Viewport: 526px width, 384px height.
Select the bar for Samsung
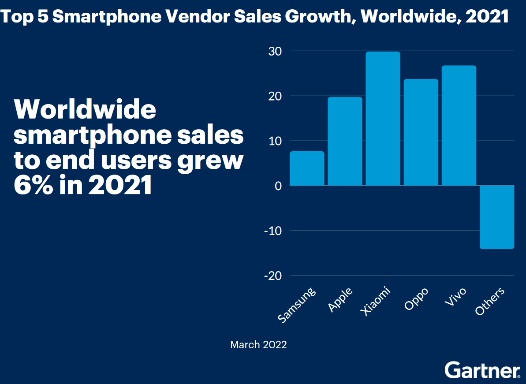[x=307, y=168]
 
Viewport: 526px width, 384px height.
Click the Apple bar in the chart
[x=345, y=141]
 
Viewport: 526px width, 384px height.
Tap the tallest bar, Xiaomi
[x=383, y=119]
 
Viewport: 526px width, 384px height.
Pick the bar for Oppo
[x=421, y=132]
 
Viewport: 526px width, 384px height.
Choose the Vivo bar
[x=459, y=126]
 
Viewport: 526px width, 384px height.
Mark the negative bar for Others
[x=497, y=217]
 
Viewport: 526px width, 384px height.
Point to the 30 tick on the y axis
[x=274, y=51]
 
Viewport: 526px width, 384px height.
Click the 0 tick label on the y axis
[x=277, y=186]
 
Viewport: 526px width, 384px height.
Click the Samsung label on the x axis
[x=298, y=305]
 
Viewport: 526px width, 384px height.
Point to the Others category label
[x=489, y=302]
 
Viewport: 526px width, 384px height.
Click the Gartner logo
[x=482, y=370]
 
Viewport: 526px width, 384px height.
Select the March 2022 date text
[x=258, y=345]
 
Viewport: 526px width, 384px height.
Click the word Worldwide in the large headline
[x=86, y=109]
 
